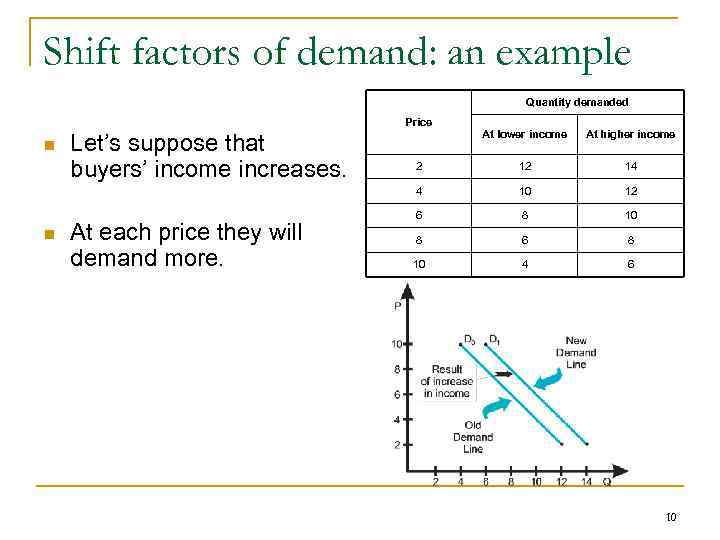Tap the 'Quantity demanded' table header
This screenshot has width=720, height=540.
576,102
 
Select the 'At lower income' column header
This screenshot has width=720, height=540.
524,134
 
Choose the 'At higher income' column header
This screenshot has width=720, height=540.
630,134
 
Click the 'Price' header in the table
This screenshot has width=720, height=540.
419,122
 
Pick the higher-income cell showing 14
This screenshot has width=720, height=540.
630,166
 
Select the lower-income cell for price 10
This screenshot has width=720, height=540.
524,264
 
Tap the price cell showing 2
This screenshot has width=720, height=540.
419,166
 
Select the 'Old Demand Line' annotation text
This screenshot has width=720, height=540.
473,437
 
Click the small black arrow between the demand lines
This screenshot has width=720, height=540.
503,374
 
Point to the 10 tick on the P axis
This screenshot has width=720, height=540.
396,344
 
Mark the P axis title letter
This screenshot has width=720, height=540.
398,307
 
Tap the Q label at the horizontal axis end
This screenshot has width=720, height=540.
606,481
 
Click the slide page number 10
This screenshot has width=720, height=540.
670,517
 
